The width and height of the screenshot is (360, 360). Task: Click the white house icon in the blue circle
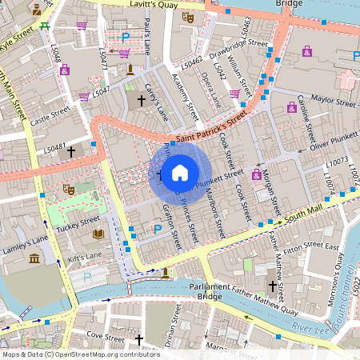pyautogui.click(x=180, y=172)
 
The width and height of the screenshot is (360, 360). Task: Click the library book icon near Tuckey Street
pyautogui.click(x=98, y=234)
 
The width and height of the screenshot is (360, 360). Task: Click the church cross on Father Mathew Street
pyautogui.click(x=273, y=285)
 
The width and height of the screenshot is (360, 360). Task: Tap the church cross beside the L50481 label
pyautogui.click(x=71, y=150)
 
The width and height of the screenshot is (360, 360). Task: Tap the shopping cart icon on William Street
pyautogui.click(x=234, y=94)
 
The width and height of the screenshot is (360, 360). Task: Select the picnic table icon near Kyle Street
pyautogui.click(x=46, y=26)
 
